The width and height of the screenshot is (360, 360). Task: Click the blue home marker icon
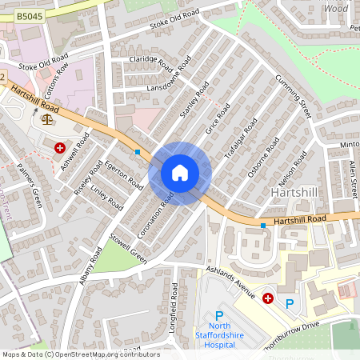point(180,173)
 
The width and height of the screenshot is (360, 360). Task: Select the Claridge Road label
point(152,62)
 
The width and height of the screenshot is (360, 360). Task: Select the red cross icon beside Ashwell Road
point(60,147)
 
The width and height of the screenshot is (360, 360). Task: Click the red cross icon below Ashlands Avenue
point(267,298)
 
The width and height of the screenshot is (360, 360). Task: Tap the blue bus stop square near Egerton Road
point(138,151)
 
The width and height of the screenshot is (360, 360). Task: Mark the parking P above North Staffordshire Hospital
point(219,317)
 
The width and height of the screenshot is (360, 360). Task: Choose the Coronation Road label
point(155,214)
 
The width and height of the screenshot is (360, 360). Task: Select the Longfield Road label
point(177,304)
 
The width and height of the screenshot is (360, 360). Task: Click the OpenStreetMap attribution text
point(80,354)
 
